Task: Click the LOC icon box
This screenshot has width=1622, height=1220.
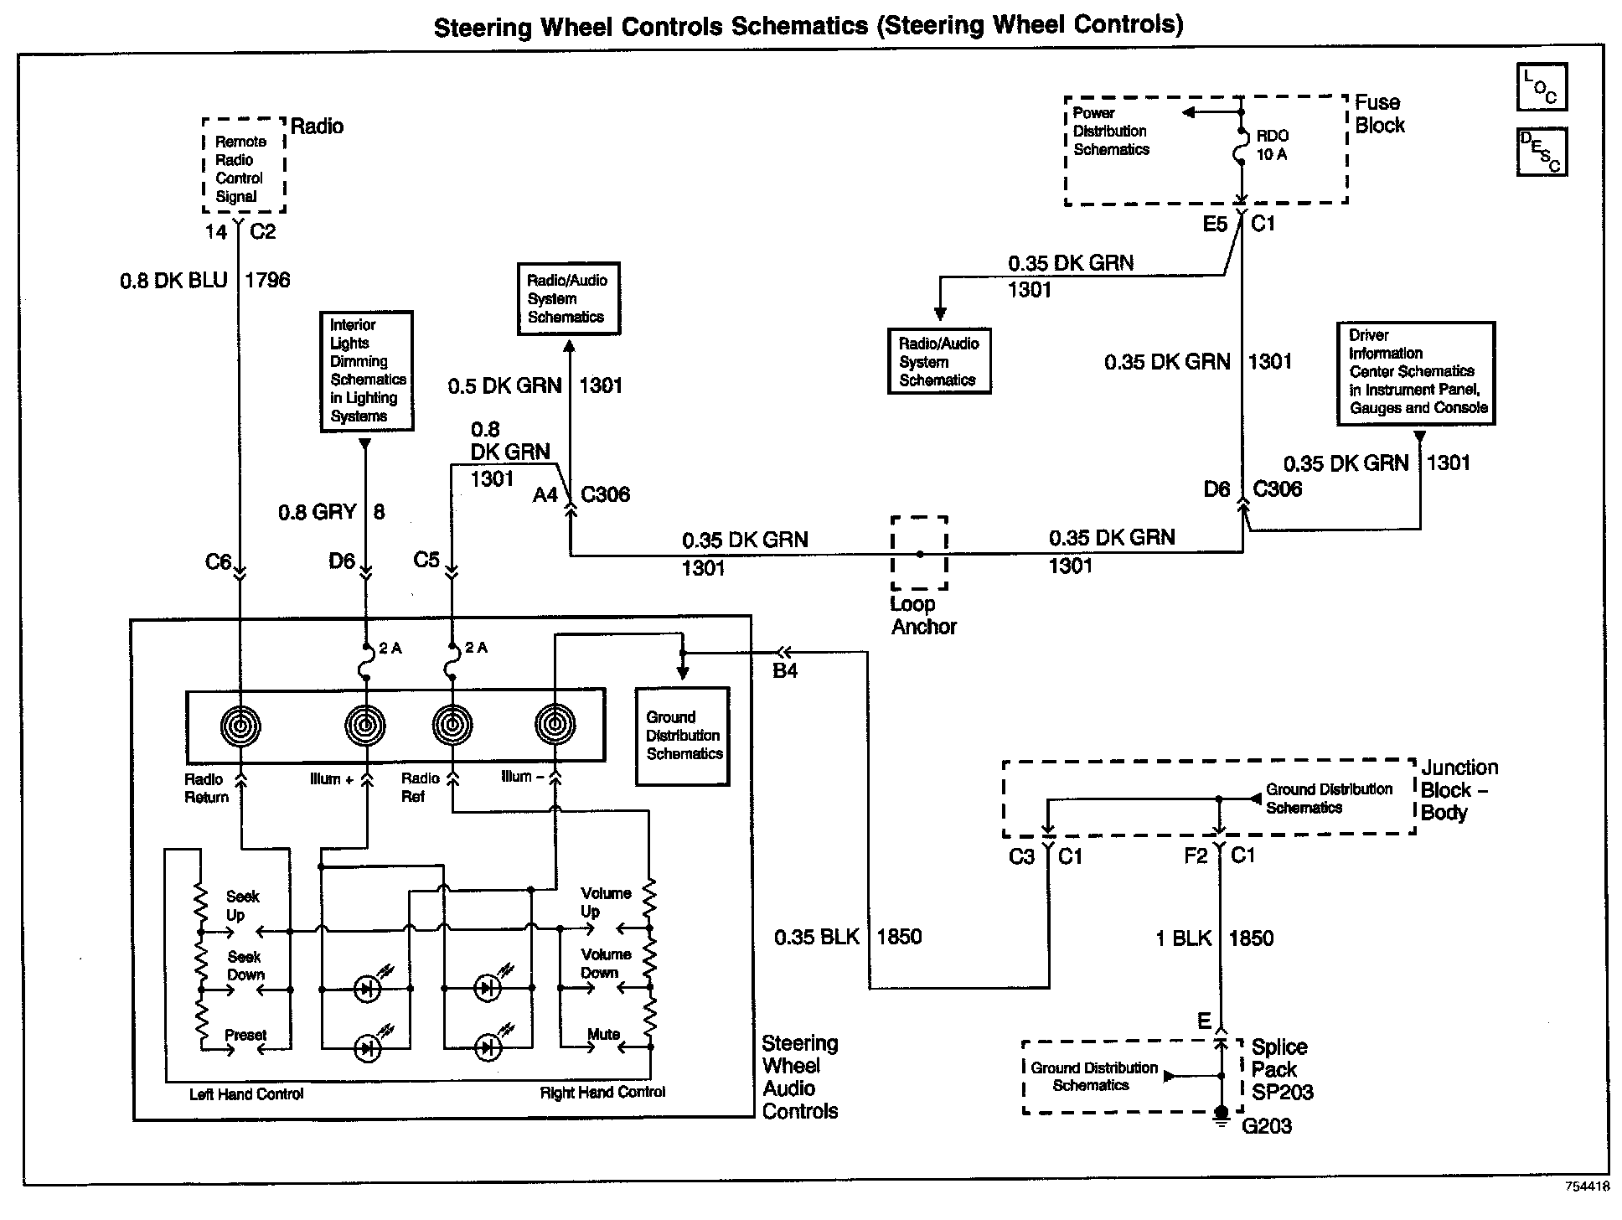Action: click(x=1542, y=87)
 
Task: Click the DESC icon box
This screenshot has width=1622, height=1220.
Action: click(x=1542, y=152)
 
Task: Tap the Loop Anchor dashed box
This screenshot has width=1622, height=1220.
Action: click(x=919, y=554)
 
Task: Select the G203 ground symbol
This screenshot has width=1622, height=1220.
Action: click(x=1221, y=1113)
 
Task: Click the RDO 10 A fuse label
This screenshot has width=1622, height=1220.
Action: click(x=1272, y=145)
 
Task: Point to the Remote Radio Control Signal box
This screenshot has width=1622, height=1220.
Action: click(x=244, y=165)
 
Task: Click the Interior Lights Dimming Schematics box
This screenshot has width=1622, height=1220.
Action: click(x=367, y=371)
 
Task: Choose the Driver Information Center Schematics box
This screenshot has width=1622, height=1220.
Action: click(x=1416, y=373)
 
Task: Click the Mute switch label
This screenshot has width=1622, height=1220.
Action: click(x=603, y=1034)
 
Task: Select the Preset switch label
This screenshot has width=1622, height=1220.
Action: click(x=245, y=1035)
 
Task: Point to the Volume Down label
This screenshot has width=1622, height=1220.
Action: click(x=606, y=964)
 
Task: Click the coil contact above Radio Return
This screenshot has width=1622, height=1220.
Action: click(x=240, y=726)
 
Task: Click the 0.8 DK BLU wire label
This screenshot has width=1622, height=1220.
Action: click(x=173, y=280)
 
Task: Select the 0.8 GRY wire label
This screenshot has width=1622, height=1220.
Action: click(x=318, y=511)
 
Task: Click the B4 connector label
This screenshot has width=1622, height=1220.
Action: click(x=784, y=670)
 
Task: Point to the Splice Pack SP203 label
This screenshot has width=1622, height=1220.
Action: click(x=1282, y=1069)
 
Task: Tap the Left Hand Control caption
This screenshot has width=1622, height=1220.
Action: click(x=246, y=1094)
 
